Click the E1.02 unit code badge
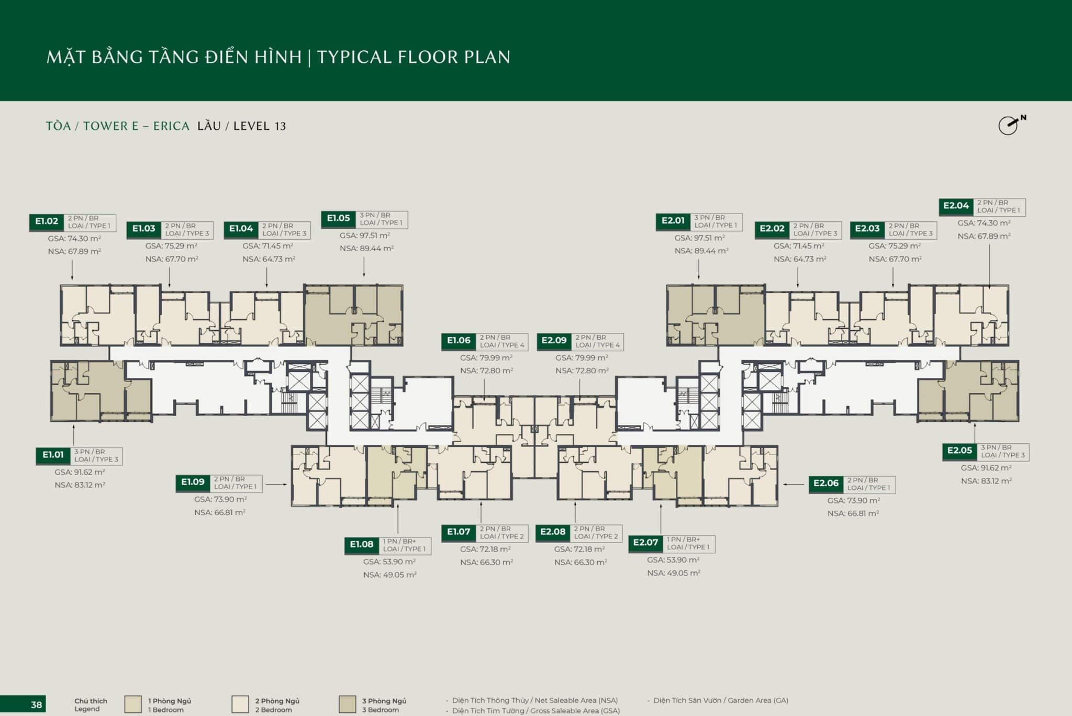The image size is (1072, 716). pyautogui.click(x=47, y=222)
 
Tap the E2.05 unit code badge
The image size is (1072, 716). pyautogui.click(x=959, y=451)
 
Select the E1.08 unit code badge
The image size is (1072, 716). pyautogui.click(x=362, y=545)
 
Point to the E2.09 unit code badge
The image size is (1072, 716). pyautogui.click(x=554, y=341)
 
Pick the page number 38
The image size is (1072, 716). pyautogui.click(x=36, y=704)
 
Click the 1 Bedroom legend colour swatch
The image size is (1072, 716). pyautogui.click(x=133, y=704)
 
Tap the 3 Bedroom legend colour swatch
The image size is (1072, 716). pyautogui.click(x=348, y=704)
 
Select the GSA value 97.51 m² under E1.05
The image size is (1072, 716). pyautogui.click(x=365, y=236)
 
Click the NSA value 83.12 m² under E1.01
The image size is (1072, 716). pyautogui.click(x=80, y=485)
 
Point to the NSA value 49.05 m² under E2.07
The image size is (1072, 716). pyautogui.click(x=674, y=573)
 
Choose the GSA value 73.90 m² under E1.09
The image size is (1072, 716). pyautogui.click(x=220, y=499)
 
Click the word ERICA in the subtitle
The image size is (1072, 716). pyautogui.click(x=171, y=126)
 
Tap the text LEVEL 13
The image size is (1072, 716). pyautogui.click(x=260, y=126)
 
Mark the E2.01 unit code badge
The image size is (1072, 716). pyautogui.click(x=673, y=221)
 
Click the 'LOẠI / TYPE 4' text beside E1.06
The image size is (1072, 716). pyautogui.click(x=502, y=345)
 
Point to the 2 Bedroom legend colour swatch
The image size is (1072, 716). pyautogui.click(x=240, y=704)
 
